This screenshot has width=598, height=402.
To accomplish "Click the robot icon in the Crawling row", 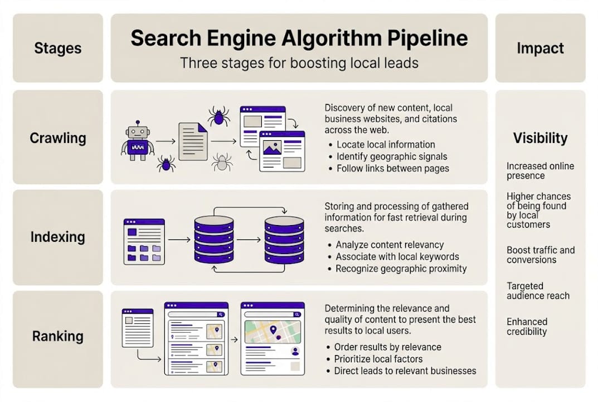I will [x=137, y=142].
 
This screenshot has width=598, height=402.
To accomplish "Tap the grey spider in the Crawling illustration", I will [x=222, y=162].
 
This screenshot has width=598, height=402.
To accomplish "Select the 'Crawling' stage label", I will [x=58, y=138].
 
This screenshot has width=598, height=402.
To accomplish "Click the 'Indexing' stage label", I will [x=58, y=237].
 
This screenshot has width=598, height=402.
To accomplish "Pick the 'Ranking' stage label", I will [x=58, y=336].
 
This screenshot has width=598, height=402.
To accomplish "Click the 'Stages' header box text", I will [x=58, y=48].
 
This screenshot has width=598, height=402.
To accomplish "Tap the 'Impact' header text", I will [x=540, y=48].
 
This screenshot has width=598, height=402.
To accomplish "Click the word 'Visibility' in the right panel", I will [x=540, y=138].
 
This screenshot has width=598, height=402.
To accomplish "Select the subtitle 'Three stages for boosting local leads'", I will [x=299, y=63].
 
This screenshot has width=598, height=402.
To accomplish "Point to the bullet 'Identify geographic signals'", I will [x=392, y=156].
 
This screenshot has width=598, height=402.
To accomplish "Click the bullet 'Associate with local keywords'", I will [x=397, y=257].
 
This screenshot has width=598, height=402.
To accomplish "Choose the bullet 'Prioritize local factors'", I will [x=378, y=359].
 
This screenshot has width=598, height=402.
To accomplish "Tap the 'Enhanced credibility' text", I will [x=527, y=327].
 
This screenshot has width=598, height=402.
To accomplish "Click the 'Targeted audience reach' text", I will [x=538, y=291].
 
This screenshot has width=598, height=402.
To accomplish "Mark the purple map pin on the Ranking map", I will [x=273, y=331].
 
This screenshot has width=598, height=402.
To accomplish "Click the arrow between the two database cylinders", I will [x=249, y=240].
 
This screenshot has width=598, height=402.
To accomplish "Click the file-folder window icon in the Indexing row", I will [x=144, y=241].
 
